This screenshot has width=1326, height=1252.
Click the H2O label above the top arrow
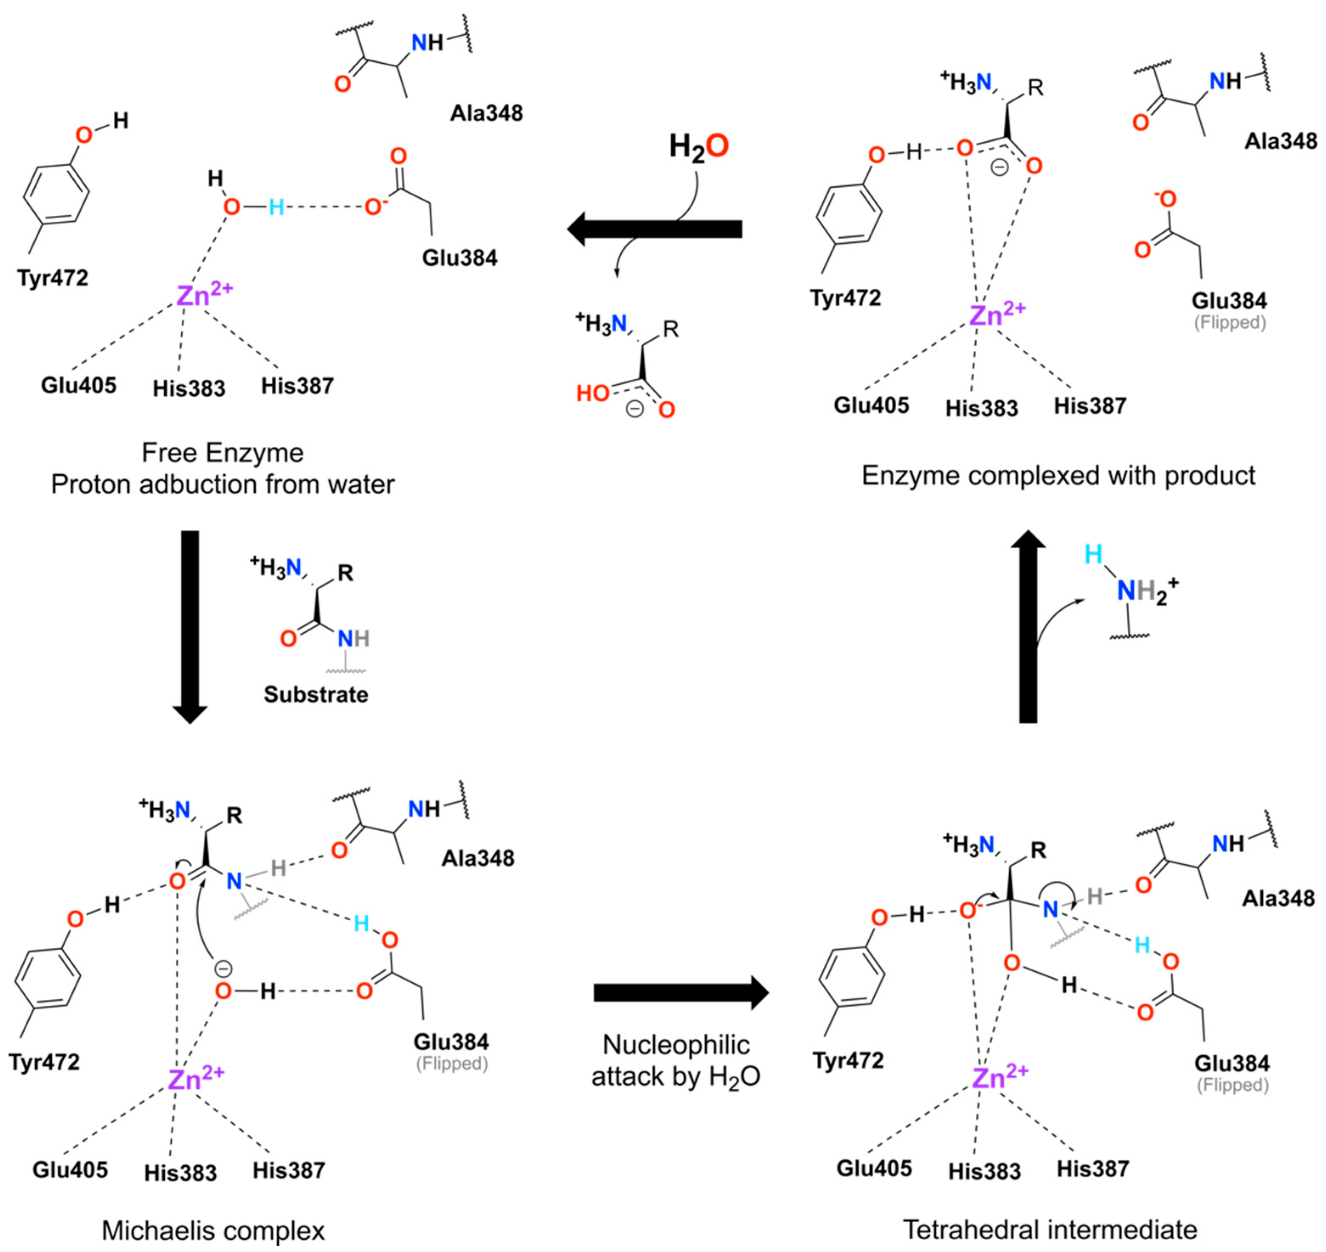(699, 147)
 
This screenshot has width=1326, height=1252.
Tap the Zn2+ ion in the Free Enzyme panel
(203, 294)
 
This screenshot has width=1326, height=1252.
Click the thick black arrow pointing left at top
(654, 229)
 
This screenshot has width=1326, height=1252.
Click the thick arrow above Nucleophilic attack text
(681, 993)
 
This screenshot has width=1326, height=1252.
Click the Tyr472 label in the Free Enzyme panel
(53, 278)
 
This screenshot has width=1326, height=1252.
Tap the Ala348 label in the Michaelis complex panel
(478, 857)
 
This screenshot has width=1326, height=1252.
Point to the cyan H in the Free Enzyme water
(276, 208)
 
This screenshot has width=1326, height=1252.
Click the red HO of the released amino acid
(593, 394)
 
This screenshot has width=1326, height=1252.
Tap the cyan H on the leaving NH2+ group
(1093, 554)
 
